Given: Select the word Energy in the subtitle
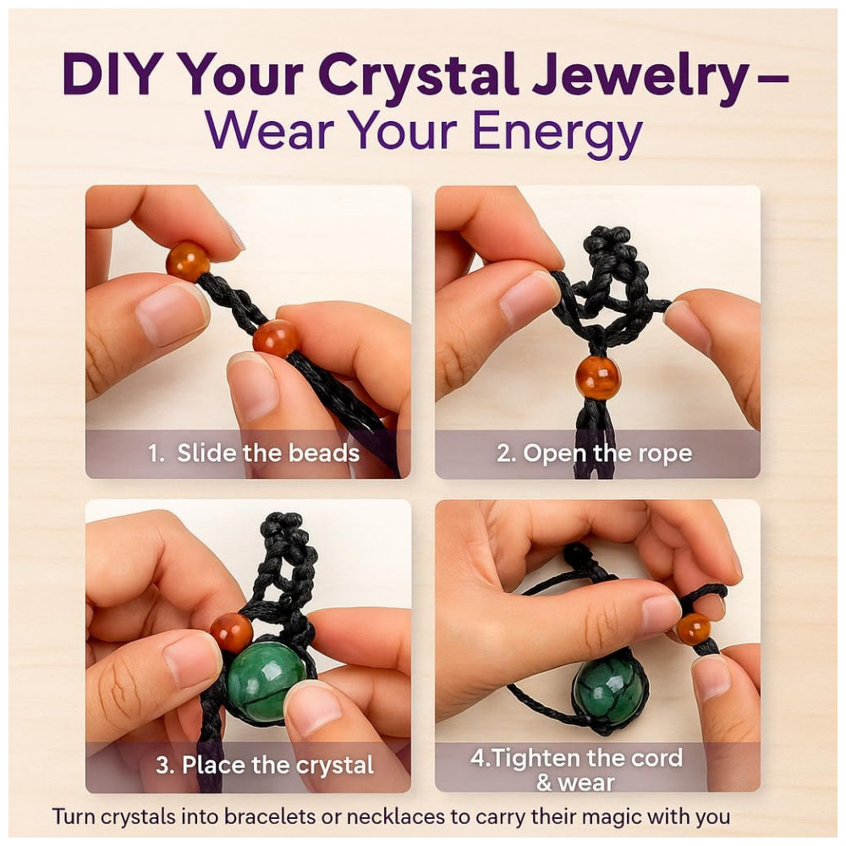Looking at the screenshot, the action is [558, 132].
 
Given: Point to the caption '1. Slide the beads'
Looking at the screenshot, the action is [254, 453].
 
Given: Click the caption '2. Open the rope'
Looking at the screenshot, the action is [594, 453].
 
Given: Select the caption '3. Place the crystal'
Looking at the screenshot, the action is [264, 765].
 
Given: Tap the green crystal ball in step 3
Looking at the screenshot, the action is [264, 680].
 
